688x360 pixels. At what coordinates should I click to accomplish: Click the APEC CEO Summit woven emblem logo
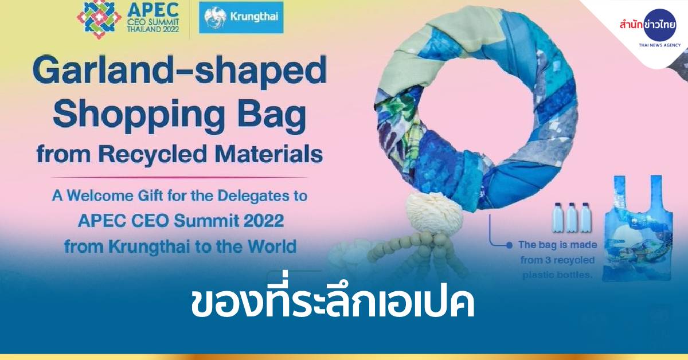pyautogui.click(x=95, y=19)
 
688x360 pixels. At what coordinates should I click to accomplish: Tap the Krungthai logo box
pyautogui.click(x=241, y=17)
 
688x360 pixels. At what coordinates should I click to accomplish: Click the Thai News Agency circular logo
pyautogui.click(x=660, y=25)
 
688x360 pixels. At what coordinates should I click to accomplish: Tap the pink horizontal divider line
pyautogui.click(x=179, y=178)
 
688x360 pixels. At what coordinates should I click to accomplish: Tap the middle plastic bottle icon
pyautogui.click(x=571, y=217)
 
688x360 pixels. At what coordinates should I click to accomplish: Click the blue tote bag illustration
pyautogui.click(x=637, y=228)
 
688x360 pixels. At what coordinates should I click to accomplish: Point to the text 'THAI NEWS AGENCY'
pyautogui.click(x=660, y=45)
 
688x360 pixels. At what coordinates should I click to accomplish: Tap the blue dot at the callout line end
pyautogui.click(x=509, y=245)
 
